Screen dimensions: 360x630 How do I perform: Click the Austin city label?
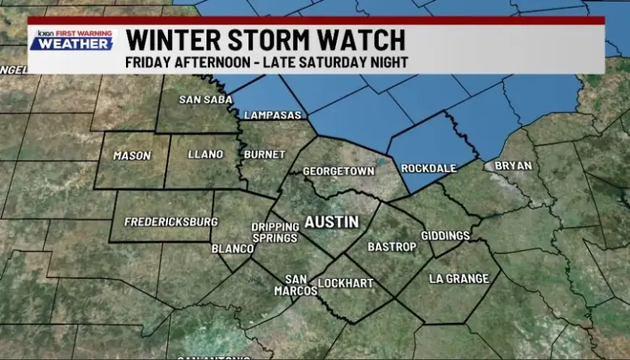click(332, 222)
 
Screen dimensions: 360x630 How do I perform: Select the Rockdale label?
click(429, 168)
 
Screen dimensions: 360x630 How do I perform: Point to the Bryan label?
click(513, 166)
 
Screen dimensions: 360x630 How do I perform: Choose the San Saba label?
click(196, 99)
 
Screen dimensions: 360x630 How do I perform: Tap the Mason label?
click(132, 156)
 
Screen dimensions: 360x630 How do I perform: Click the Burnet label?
click(264, 154)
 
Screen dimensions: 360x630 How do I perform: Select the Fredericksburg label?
click(161, 222)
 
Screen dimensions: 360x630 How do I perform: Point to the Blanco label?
click(232, 249)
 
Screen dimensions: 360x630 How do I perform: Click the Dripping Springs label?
click(275, 233)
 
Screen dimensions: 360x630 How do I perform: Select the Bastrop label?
click(392, 247)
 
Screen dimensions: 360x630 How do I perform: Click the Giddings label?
click(445, 236)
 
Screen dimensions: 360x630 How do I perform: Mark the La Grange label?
click(458, 279)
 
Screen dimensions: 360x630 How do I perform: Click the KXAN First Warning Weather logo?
click(72, 40)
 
